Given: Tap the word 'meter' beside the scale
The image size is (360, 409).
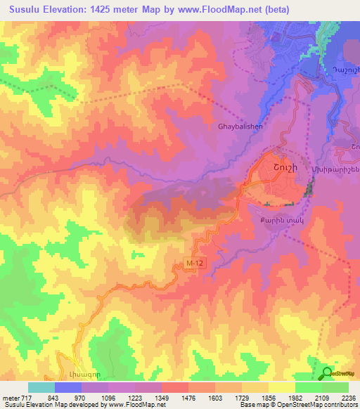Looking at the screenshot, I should pyautogui.click(x=10, y=396).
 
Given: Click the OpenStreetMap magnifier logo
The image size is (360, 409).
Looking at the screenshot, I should pyautogui.click(x=326, y=372).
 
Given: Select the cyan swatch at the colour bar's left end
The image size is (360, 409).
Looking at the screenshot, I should pyautogui.click(x=41, y=387).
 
